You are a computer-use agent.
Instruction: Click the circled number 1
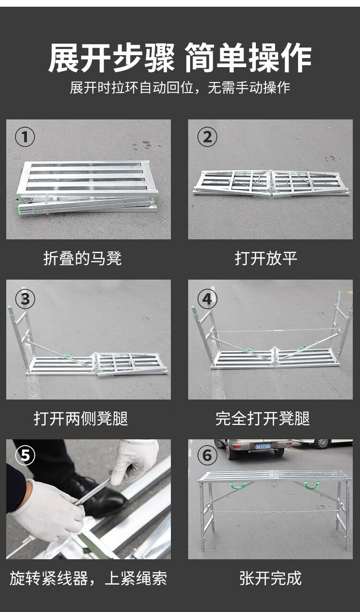(25, 137)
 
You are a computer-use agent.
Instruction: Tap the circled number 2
(207, 137)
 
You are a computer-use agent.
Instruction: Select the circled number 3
(25, 299)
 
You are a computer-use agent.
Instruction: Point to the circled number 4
(207, 299)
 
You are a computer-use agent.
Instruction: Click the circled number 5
(25, 455)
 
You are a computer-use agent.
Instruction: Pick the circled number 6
(207, 455)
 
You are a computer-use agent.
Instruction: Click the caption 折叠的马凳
(82, 258)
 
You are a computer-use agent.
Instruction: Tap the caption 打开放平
(266, 258)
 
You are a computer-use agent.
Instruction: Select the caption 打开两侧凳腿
(81, 418)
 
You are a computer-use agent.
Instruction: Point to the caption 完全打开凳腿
(263, 418)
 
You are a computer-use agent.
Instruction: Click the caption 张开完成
(270, 577)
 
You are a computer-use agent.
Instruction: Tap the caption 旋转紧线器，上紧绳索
(88, 578)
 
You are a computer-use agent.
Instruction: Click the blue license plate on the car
(263, 447)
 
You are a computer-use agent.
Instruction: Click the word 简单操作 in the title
(248, 58)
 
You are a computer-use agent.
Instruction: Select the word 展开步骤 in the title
(111, 58)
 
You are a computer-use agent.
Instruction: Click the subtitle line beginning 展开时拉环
(180, 87)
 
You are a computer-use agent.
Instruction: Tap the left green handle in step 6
(238, 485)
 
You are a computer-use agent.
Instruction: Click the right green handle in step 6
(312, 485)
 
